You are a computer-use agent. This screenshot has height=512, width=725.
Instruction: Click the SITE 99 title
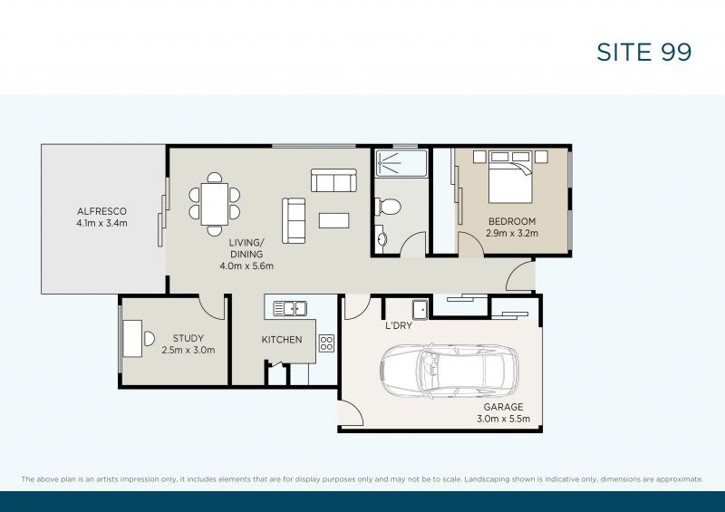[x=644, y=52]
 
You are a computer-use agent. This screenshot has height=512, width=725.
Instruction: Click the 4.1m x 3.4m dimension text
[x=101, y=223]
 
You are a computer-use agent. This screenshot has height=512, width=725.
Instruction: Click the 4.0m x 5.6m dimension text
[x=246, y=266]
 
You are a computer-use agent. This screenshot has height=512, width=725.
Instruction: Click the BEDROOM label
[x=512, y=221]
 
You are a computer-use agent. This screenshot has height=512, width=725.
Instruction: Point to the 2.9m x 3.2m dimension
[x=512, y=233]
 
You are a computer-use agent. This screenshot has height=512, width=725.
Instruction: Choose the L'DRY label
[x=399, y=325]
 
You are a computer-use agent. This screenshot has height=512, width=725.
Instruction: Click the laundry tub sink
[x=420, y=306]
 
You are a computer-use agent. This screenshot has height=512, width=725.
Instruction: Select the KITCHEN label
[x=282, y=340]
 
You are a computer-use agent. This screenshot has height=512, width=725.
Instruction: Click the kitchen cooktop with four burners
[x=326, y=343]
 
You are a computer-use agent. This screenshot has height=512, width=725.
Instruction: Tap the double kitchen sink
[x=290, y=308]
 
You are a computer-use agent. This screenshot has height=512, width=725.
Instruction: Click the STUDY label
[x=188, y=338]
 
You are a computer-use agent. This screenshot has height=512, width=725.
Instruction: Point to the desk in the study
[x=132, y=337]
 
